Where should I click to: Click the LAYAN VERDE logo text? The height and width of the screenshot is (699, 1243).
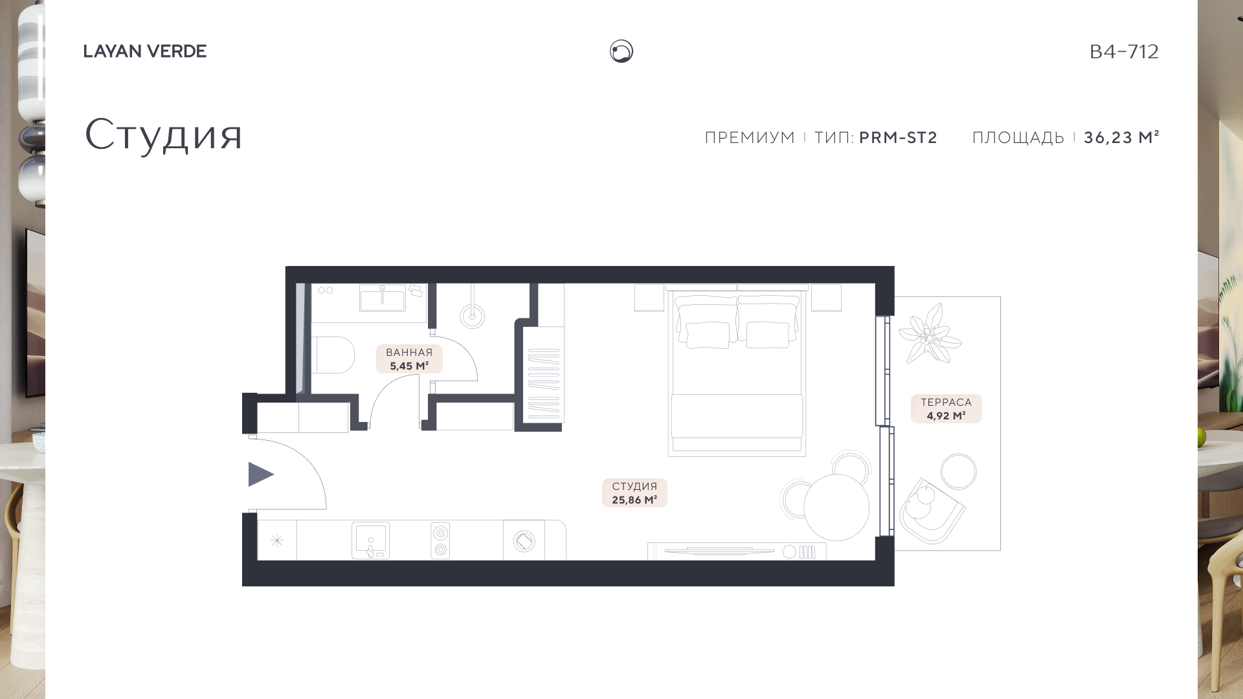click(x=145, y=51)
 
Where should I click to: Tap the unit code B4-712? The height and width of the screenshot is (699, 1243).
click(x=1124, y=51)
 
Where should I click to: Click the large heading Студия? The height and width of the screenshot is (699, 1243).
click(x=163, y=135)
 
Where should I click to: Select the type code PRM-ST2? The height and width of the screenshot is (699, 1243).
click(x=898, y=137)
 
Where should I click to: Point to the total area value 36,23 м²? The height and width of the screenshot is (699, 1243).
click(x=1121, y=137)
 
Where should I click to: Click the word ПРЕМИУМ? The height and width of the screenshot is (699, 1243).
click(x=750, y=137)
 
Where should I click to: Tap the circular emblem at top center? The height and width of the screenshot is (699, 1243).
click(x=621, y=51)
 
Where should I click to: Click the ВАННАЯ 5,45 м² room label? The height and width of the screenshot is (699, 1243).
click(x=409, y=359)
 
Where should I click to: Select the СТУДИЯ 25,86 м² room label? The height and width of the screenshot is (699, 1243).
click(x=634, y=493)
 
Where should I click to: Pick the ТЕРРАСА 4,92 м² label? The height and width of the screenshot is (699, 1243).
click(x=946, y=409)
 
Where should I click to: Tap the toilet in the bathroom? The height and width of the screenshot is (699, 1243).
click(x=333, y=355)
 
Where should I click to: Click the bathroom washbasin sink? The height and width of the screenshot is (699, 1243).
click(x=383, y=300)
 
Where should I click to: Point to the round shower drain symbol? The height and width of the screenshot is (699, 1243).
click(x=473, y=316)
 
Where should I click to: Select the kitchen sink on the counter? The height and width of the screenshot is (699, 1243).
click(x=370, y=540)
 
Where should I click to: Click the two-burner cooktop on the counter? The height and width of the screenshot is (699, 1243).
click(x=440, y=540)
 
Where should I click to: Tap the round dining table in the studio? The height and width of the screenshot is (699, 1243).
click(x=836, y=507)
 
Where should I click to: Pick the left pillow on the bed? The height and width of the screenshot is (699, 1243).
click(x=707, y=335)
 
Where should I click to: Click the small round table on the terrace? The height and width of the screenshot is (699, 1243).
click(x=958, y=471)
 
